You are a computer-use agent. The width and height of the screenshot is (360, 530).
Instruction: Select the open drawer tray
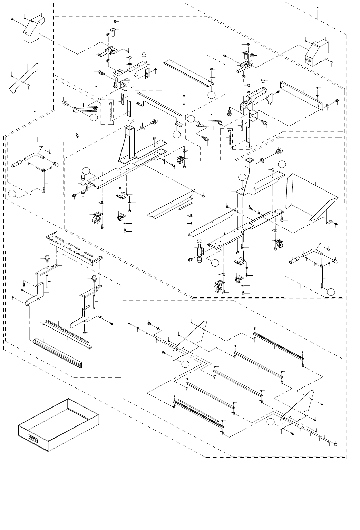[59, 426]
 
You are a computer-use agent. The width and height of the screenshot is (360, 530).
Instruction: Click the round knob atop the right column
[264, 81]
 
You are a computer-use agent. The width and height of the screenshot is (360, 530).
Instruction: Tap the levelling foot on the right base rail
[200, 249]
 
